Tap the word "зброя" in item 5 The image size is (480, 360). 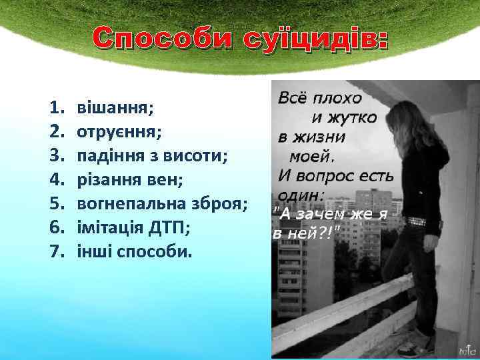click(217, 204)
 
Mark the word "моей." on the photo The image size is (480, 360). click(312, 157)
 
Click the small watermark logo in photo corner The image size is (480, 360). click(465, 348)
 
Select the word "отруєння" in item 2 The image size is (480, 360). click(117, 131)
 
